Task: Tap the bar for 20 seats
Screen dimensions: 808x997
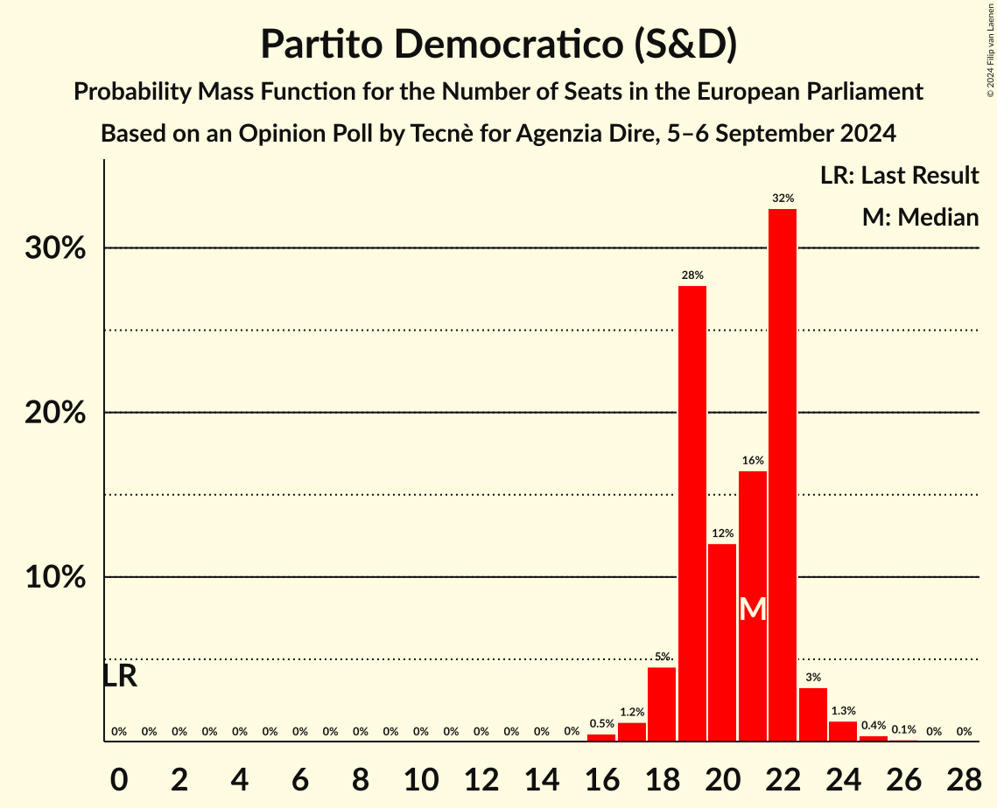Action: pos(722,643)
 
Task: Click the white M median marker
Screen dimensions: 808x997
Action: pos(753,609)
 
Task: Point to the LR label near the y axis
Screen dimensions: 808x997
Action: pos(120,676)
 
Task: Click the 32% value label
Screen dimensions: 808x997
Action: pos(783,199)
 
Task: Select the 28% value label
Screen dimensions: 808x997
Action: pos(692,275)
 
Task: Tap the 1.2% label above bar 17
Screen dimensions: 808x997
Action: pos(631,713)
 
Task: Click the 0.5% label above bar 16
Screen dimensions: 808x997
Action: pos(601,723)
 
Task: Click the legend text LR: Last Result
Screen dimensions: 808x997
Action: pos(899,176)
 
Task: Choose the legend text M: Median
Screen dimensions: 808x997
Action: pos(920,217)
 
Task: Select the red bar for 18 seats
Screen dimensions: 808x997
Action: pos(662,704)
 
